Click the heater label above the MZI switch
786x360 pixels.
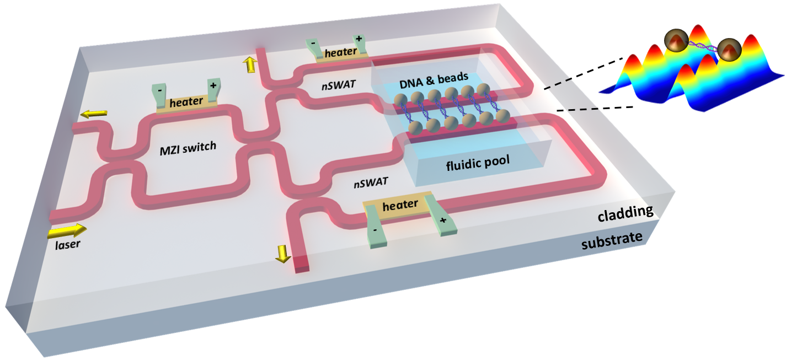(186, 102)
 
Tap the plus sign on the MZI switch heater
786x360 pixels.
(212, 85)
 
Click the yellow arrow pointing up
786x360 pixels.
(250, 65)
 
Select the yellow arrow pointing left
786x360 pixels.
(92, 114)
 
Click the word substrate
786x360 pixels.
(612, 238)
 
